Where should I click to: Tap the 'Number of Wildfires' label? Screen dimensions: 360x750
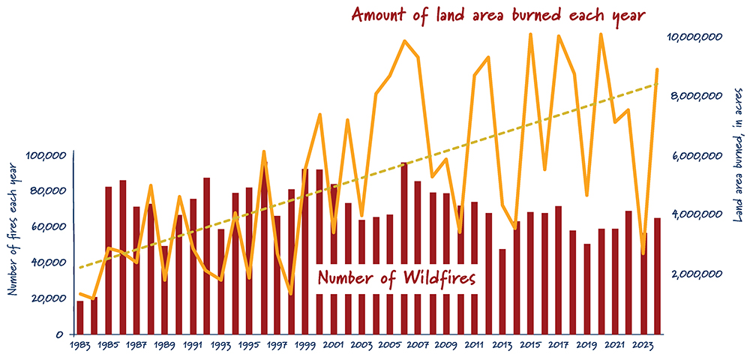tap(397, 277)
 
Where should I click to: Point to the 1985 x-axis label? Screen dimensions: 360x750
tap(108, 346)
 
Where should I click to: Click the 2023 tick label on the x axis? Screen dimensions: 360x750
tap(643, 346)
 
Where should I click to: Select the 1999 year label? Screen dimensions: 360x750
tap(305, 346)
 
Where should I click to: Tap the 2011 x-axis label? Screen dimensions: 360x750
tap(474, 346)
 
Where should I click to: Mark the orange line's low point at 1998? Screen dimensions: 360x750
tap(291, 293)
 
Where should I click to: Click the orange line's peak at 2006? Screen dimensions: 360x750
tap(404, 41)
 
